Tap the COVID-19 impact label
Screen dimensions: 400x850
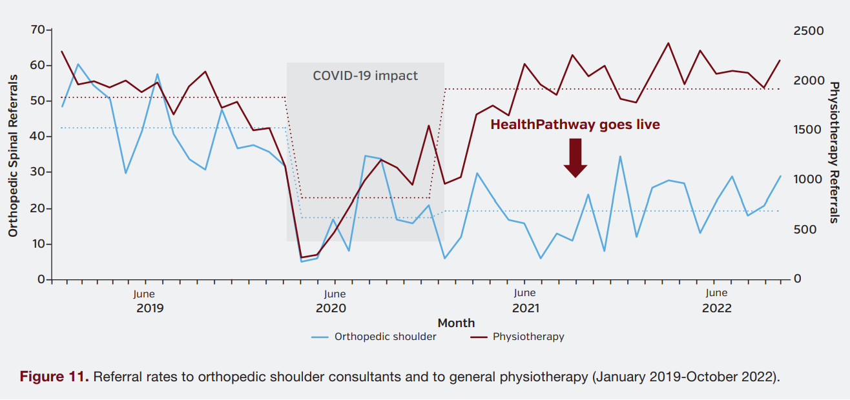(365, 75)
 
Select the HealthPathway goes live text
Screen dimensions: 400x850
(575, 125)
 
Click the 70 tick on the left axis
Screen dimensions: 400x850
(37, 30)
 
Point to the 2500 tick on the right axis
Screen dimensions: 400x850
(809, 31)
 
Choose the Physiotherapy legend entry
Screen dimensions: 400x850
(528, 336)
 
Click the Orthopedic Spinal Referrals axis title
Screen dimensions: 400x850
(13, 155)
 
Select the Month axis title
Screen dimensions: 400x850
(456, 323)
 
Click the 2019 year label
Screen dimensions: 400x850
(150, 308)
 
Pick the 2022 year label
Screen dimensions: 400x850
(717, 308)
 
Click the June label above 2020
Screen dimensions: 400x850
(335, 294)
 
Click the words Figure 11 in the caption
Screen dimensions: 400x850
(54, 377)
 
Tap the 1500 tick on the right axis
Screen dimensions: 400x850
(809, 130)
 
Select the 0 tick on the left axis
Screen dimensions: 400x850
(41, 279)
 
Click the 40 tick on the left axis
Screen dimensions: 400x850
(37, 137)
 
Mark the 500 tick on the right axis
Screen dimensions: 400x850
(805, 230)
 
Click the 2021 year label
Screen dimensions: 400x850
(526, 308)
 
